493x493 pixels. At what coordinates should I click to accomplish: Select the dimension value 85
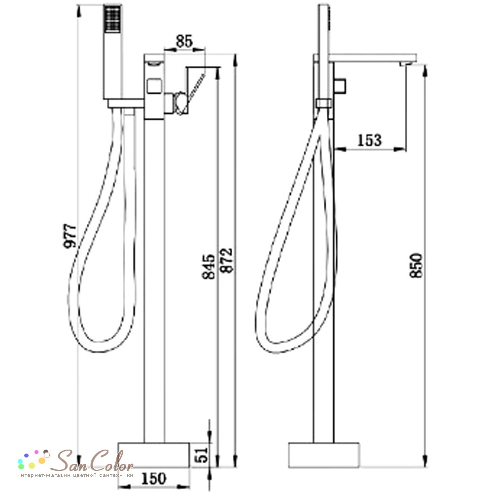[x=184, y=41]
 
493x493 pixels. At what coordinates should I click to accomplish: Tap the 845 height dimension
[x=208, y=267]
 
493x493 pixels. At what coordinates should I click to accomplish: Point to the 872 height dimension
[x=226, y=260]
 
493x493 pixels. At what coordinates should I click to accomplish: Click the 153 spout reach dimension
[x=369, y=140]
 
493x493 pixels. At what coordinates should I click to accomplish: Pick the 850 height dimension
[x=416, y=265]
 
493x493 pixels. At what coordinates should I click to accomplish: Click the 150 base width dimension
[x=153, y=479]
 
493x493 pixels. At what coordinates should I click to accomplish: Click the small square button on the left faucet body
[x=155, y=86]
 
